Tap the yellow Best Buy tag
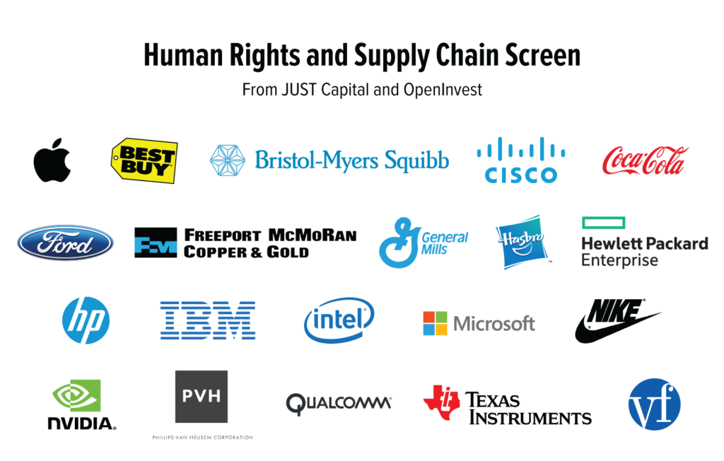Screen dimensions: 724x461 (x=144, y=158)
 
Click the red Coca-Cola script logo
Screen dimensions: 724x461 (x=645, y=161)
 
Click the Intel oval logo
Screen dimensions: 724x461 (x=339, y=320)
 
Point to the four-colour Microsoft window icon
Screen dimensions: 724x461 (x=435, y=323)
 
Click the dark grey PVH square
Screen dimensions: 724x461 (x=202, y=397)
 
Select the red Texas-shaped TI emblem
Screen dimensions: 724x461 (x=441, y=400)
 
